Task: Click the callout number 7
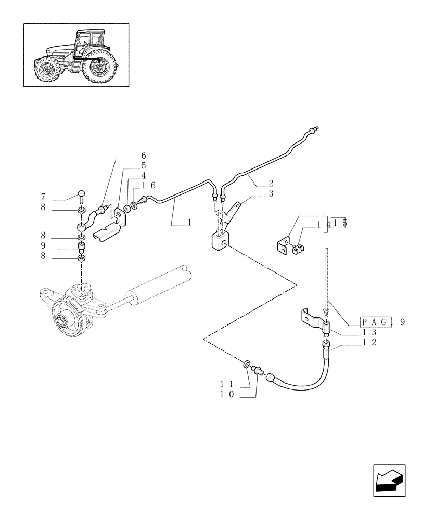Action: click(x=43, y=197)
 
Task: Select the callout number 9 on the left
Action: click(x=43, y=245)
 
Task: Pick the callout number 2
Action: click(x=271, y=184)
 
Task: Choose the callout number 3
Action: click(x=271, y=193)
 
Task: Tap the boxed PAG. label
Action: click(x=377, y=322)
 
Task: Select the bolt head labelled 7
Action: click(x=82, y=196)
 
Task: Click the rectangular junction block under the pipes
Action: click(x=219, y=242)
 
